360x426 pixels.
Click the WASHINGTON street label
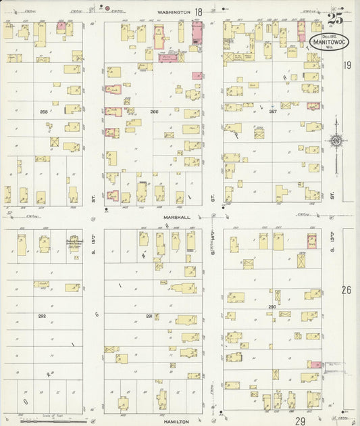[x=175, y=11]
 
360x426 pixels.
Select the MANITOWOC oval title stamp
[x=329, y=42]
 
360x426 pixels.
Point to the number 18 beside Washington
[x=199, y=11]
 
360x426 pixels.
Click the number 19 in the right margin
[x=346, y=66]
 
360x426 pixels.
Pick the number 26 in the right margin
[x=346, y=290]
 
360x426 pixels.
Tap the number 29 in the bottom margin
[x=300, y=421]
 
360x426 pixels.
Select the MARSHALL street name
[x=176, y=218]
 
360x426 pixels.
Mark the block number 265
[x=44, y=112]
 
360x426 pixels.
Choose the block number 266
[x=154, y=112]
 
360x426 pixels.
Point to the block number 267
[x=272, y=112]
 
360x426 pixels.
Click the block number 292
[x=42, y=316]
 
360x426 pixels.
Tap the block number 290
[x=272, y=307]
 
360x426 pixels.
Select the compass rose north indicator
[x=336, y=141]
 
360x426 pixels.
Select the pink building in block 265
[x=61, y=27]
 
